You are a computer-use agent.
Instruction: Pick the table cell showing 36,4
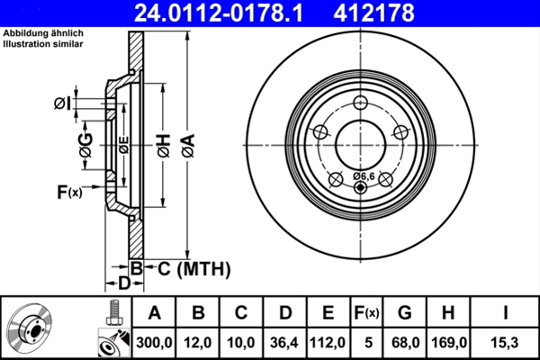(283, 342)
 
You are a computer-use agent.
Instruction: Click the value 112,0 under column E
(328, 342)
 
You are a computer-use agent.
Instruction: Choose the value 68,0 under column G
(405, 342)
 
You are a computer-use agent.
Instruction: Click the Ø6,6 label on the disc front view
(364, 175)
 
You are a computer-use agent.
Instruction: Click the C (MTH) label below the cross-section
(189, 268)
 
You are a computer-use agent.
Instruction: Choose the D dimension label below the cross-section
(125, 283)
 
